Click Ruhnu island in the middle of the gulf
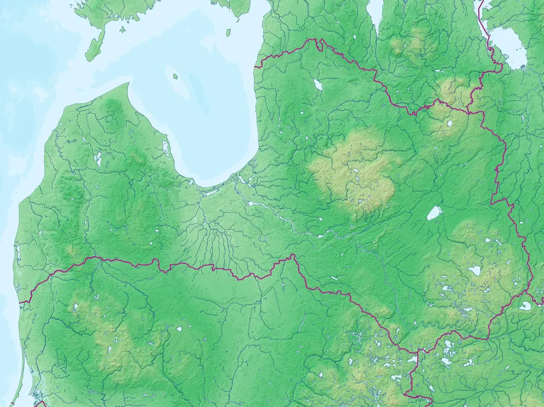point(175,77)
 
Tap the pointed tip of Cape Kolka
point(129,84)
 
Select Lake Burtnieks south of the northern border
point(317,85)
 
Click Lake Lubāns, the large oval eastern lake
point(434,213)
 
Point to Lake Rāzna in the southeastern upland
point(474,271)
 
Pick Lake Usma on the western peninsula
point(97,159)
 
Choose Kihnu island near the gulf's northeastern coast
point(228,33)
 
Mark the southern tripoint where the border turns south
point(418,353)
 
